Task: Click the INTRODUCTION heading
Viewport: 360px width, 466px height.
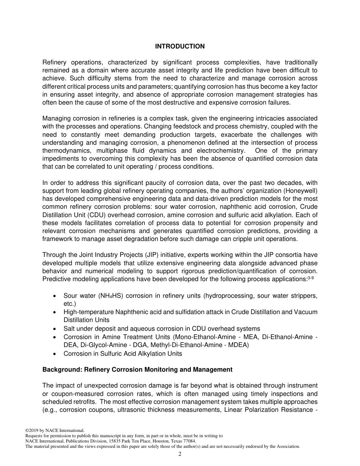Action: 180,46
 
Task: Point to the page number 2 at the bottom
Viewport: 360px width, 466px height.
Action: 180,454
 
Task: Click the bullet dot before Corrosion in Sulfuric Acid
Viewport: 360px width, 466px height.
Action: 55,354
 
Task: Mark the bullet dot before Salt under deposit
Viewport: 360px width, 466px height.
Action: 55,329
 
